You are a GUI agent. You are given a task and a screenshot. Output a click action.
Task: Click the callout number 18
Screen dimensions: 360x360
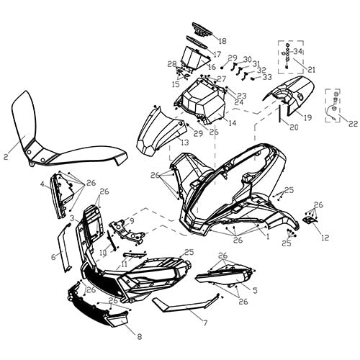[222, 41]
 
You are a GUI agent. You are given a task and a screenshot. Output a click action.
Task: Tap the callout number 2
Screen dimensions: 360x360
[6, 155]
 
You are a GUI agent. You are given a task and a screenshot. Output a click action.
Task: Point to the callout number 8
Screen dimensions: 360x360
[139, 336]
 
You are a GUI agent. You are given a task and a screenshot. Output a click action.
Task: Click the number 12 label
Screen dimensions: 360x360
[325, 238]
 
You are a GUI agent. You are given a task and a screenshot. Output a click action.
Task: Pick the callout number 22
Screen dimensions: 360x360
[352, 124]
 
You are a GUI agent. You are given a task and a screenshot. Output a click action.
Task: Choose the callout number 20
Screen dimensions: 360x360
[294, 127]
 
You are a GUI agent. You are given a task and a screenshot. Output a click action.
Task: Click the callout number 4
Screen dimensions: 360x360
[42, 184]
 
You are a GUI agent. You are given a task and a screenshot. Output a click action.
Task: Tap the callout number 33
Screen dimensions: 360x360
[267, 77]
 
